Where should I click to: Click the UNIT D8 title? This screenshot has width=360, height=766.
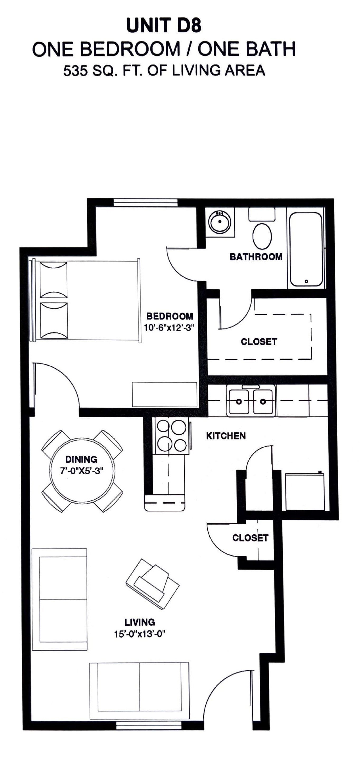click(164, 26)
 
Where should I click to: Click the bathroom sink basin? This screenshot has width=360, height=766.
click(220, 222)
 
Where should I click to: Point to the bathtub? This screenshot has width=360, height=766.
click(306, 249)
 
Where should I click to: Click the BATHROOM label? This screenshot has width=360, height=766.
click(256, 257)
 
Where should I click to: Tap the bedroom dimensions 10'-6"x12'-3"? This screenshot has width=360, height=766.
click(169, 328)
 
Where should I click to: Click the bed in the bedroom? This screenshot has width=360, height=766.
click(86, 300)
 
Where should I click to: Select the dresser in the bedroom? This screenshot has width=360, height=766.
click(164, 394)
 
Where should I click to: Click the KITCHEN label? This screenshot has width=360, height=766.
click(226, 436)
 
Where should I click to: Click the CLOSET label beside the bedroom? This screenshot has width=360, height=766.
click(259, 342)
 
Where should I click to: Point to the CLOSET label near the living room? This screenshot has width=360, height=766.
click(250, 538)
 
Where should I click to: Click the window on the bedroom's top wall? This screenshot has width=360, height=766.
click(146, 203)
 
